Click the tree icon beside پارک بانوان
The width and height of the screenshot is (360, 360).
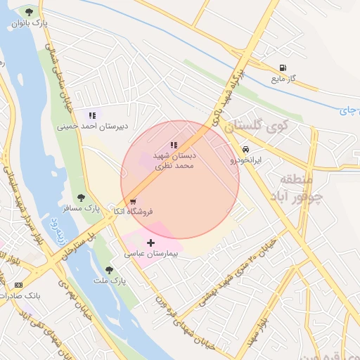[29, 12]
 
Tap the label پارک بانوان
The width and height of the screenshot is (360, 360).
[30, 23]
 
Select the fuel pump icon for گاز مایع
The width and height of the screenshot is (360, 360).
[283, 68]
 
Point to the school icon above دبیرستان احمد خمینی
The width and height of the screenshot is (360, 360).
[91, 115]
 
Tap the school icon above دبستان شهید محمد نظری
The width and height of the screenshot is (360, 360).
[174, 145]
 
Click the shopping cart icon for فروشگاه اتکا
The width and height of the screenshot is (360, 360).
[133, 201]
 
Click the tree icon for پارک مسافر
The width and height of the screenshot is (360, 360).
[81, 198]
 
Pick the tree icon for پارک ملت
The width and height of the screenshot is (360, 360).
[108, 270]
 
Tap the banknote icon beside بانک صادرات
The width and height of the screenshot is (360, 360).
[18, 284]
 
